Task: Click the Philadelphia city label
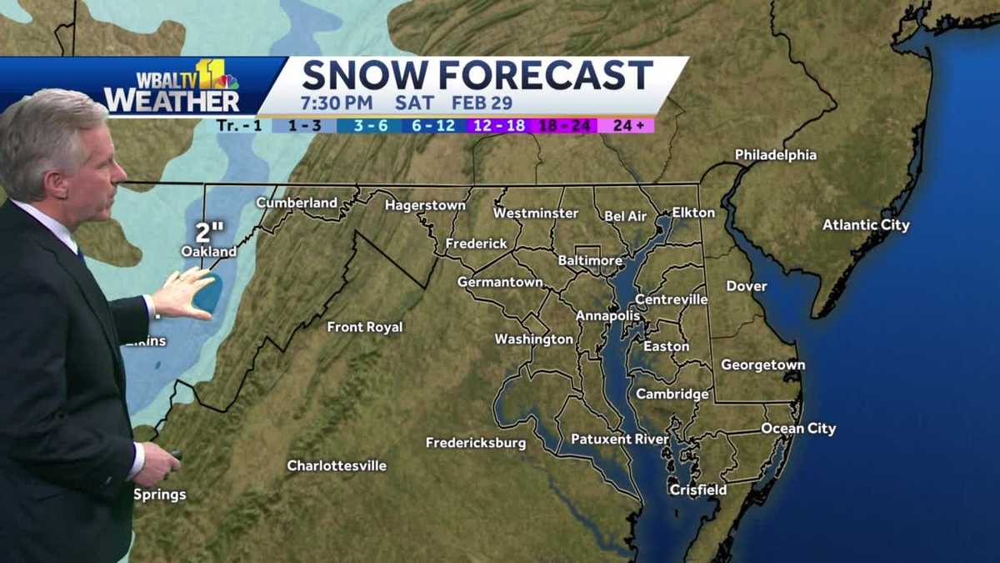775,155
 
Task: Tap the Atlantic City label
866,225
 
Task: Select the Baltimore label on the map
589,261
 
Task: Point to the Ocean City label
797,429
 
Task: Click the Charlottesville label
337,465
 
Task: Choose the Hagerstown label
425,205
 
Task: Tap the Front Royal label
364,327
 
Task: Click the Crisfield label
698,490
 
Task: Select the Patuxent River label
619,439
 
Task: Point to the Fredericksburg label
476,443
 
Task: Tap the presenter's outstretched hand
185,293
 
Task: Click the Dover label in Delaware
746,286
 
